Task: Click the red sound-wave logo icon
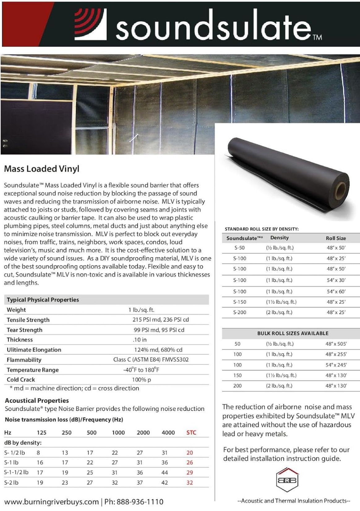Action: tap(90, 24)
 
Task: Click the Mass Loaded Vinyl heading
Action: tap(41, 169)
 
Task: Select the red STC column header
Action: tap(191, 432)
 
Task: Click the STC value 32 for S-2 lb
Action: tap(190, 483)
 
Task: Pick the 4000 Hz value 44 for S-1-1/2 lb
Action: tap(165, 472)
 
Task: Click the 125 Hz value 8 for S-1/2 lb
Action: tap(38, 453)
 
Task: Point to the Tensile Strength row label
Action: tap(28, 320)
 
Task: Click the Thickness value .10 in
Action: tap(139, 340)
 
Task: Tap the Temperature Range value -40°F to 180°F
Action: tap(141, 370)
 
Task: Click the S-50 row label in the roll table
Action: tap(239, 248)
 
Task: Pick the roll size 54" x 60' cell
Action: tap(336, 292)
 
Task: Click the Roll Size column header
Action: tap(336, 238)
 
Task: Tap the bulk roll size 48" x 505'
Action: tap(336, 344)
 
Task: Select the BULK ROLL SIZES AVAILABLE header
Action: tap(293, 333)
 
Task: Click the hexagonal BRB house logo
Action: tap(287, 481)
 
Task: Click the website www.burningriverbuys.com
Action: tap(51, 502)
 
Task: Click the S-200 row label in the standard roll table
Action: tap(240, 312)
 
